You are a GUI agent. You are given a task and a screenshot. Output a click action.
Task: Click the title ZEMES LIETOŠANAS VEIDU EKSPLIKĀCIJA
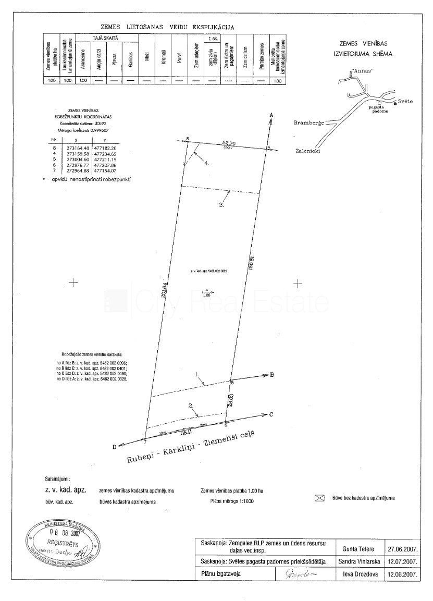(168, 26)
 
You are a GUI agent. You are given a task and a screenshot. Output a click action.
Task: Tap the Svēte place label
(405, 101)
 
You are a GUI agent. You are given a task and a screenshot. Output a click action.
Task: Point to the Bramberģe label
(309, 123)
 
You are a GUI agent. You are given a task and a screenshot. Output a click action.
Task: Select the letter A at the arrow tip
(271, 114)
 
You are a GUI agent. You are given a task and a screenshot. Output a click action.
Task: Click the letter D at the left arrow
(114, 447)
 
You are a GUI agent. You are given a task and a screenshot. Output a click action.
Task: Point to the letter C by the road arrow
(271, 414)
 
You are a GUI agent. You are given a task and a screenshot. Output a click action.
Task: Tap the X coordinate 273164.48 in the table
(76, 149)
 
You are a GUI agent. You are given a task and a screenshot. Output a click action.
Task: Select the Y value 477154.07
(106, 170)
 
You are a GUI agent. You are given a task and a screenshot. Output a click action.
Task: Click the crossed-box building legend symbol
(319, 498)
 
